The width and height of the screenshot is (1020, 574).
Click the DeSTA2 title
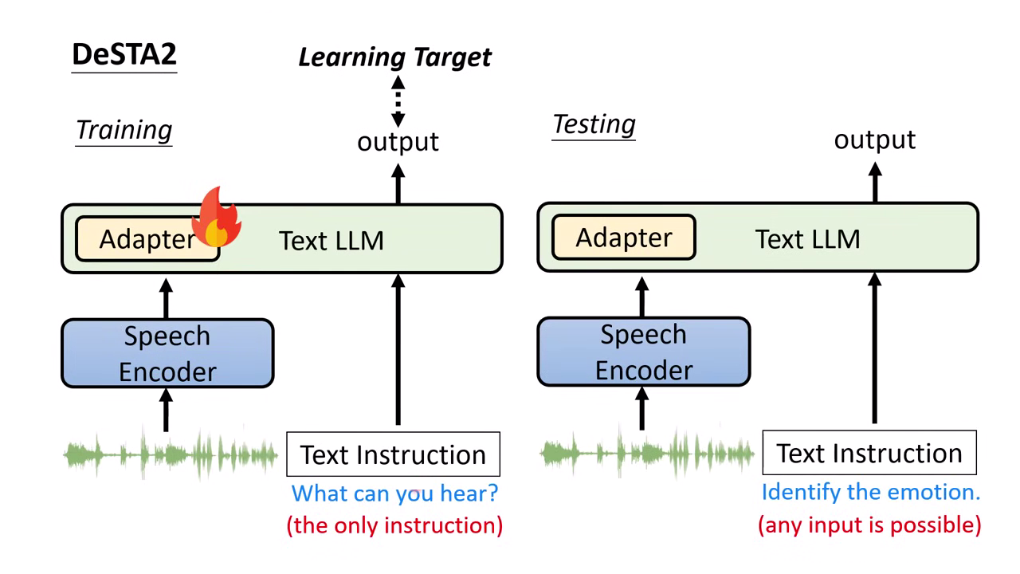click(x=124, y=54)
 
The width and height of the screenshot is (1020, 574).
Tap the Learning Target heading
click(x=395, y=57)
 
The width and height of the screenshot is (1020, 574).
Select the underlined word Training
click(x=124, y=130)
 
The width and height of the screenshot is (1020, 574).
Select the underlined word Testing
click(x=594, y=124)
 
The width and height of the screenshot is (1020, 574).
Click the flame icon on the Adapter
click(x=218, y=217)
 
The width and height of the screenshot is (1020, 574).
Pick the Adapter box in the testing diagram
click(x=624, y=238)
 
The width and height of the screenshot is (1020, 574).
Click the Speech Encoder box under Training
click(x=167, y=353)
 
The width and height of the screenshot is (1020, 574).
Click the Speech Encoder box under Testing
click(x=644, y=352)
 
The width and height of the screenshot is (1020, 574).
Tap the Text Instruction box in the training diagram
click(x=393, y=454)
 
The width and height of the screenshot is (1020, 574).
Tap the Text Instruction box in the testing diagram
click(x=869, y=453)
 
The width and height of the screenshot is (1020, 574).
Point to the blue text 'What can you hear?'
click(x=394, y=493)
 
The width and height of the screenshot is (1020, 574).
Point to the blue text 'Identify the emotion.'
click(x=871, y=492)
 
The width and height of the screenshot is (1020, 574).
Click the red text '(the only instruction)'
click(x=394, y=525)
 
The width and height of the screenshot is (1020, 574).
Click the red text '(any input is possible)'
click(x=869, y=525)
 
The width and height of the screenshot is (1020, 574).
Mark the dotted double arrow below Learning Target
click(x=398, y=101)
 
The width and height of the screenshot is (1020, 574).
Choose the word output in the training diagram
click(x=398, y=142)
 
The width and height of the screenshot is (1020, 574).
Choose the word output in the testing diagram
click(x=875, y=140)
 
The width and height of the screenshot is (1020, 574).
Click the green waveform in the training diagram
click(x=170, y=455)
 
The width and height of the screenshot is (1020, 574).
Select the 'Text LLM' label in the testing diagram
click(x=807, y=239)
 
